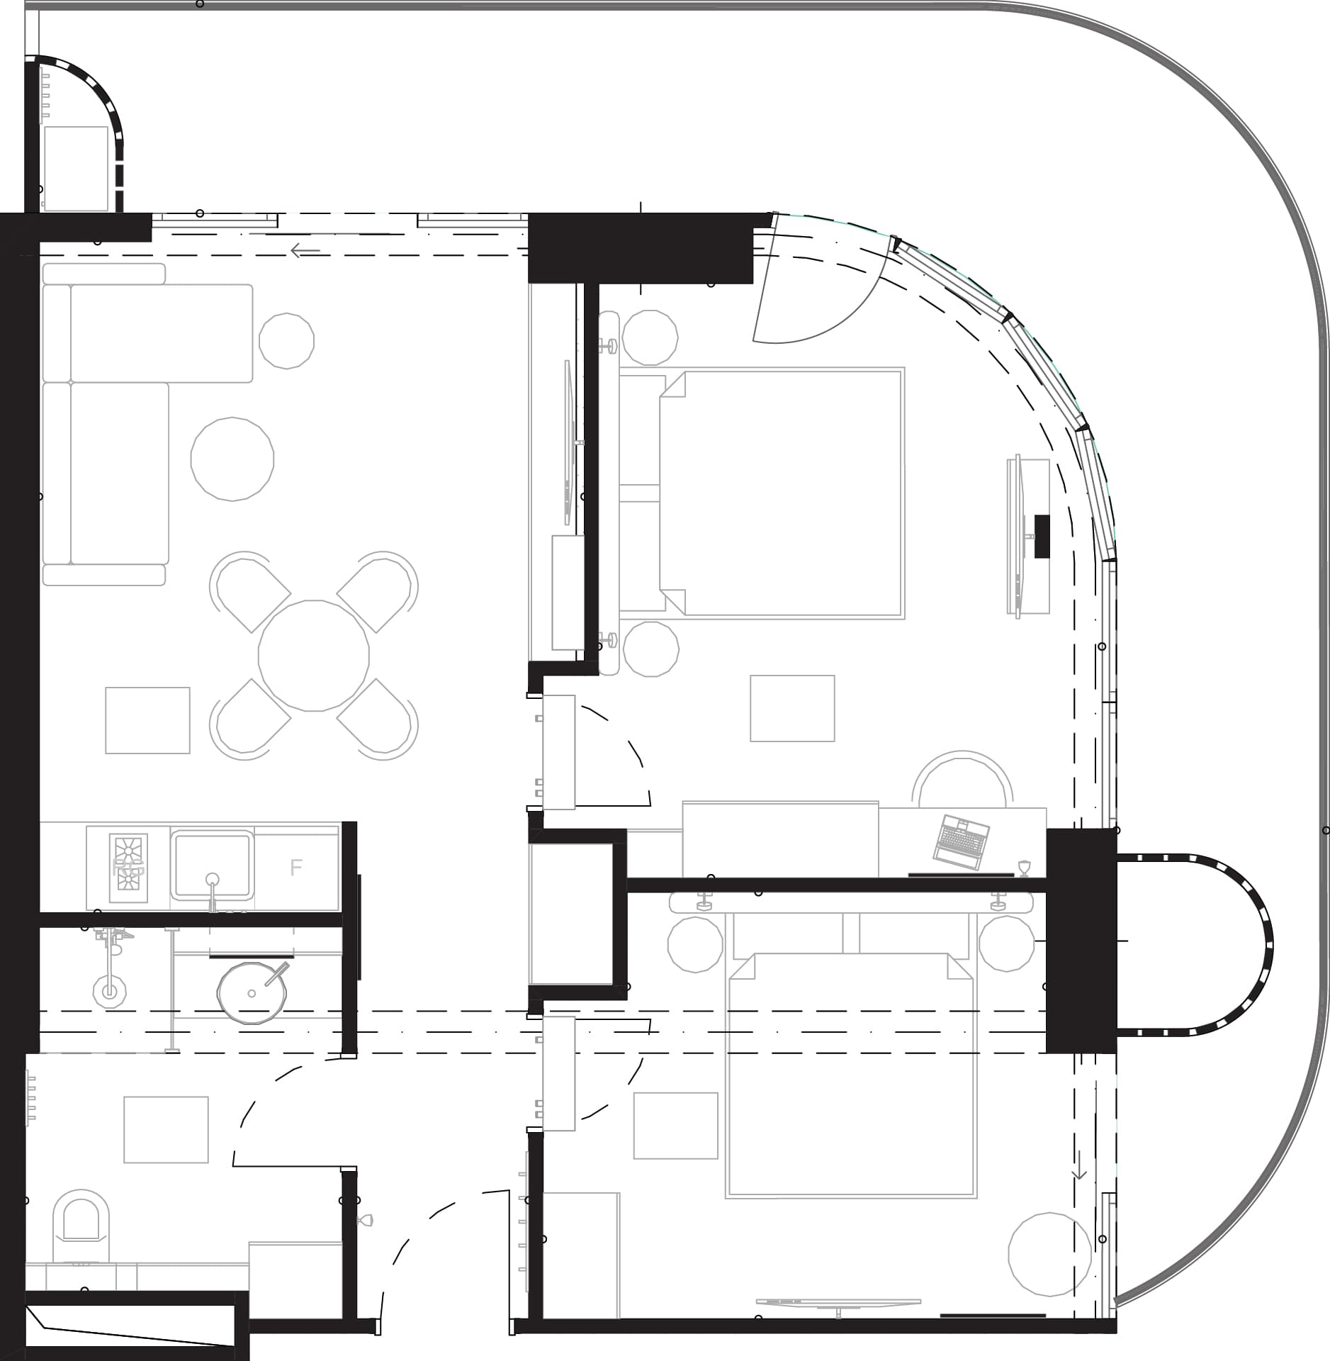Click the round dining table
[313, 655]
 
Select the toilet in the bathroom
[81, 1219]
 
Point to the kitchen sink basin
[211, 864]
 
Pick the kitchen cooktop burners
[128, 867]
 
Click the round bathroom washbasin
[251, 992]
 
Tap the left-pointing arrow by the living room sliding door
[305, 250]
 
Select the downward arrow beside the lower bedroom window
[1078, 1166]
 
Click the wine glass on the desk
[1022, 868]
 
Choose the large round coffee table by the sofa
[232, 459]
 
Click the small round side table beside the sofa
[286, 341]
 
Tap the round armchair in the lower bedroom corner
[1049, 1253]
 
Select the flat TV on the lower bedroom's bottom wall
[838, 1302]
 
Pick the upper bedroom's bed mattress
[779, 493]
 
